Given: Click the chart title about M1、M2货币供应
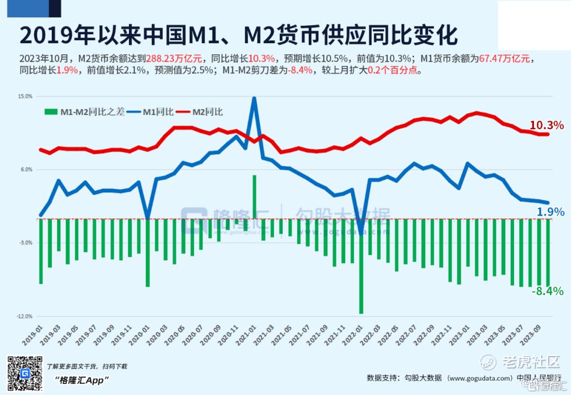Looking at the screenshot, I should click(x=238, y=35).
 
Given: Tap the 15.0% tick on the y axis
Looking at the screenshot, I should click(x=25, y=97).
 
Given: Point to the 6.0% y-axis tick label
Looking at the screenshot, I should click(x=26, y=170).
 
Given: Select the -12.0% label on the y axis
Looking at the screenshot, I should click(x=25, y=316).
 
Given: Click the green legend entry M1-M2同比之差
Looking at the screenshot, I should click(x=85, y=112).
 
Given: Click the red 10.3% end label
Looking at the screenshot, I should click(x=547, y=126).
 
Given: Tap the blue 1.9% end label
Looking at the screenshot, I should click(x=550, y=212).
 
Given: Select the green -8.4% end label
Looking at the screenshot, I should click(x=547, y=291).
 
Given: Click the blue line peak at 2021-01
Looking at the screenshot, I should click(x=254, y=98).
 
